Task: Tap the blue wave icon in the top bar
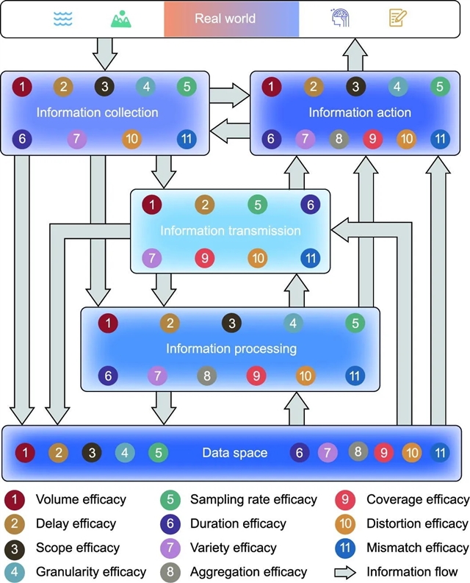point(64,18)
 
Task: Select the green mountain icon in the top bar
point(120,18)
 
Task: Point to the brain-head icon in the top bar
point(339,18)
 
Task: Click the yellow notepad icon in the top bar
point(397,18)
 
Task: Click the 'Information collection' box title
point(98,112)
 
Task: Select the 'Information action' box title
point(359,112)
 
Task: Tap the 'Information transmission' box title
point(231,231)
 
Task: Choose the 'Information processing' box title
point(231,348)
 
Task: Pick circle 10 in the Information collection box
point(133,138)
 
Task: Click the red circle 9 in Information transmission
point(205,258)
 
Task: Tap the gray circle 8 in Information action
point(339,138)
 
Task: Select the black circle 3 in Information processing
point(231,323)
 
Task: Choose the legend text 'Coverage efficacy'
point(418,499)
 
